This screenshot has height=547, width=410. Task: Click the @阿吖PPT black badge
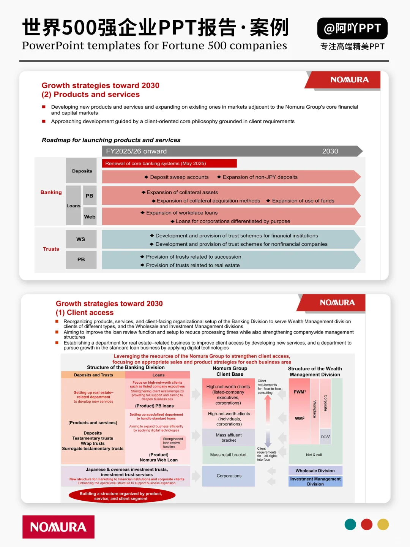[x=352, y=28]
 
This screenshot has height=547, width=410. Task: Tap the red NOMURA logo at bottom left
[x=58, y=527]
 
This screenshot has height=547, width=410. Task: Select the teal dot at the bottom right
[x=350, y=525]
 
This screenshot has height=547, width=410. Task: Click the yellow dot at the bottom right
[x=383, y=525]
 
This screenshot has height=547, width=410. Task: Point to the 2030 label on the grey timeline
[x=330, y=151]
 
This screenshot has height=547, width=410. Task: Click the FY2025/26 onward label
[x=136, y=151]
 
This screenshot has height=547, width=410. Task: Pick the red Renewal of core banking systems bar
[x=169, y=163]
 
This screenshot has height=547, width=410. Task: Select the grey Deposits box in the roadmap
[x=82, y=171]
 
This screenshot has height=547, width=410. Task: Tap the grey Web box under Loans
[x=90, y=217]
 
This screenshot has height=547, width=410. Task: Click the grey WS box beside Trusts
[x=81, y=239]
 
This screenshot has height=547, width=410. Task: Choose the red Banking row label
[x=51, y=192]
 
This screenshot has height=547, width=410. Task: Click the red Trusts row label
[x=51, y=249]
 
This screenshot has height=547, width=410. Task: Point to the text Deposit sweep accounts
[x=179, y=177]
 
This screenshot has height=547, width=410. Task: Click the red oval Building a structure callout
[x=121, y=496]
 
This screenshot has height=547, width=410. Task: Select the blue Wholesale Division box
[x=315, y=471]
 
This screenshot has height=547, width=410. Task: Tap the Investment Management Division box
[x=315, y=481]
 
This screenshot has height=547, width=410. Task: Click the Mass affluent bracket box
[x=229, y=438]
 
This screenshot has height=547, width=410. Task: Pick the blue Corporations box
[x=229, y=476]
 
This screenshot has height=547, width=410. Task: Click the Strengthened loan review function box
[x=173, y=443]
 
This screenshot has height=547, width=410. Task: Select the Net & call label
[x=314, y=455]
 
